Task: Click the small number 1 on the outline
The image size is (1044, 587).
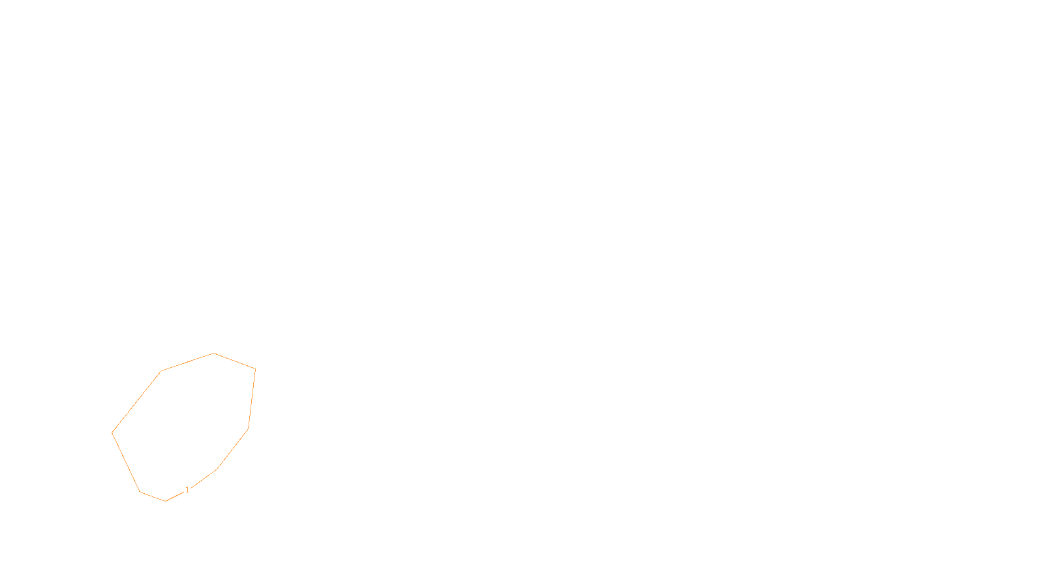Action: [187, 490]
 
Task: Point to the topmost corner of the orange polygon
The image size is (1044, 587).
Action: [214, 354]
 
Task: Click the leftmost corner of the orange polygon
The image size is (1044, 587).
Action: [112, 432]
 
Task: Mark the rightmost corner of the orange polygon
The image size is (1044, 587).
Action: [255, 369]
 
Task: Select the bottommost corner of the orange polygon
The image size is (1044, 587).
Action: [166, 501]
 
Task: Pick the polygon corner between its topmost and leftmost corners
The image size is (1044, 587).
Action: [162, 371]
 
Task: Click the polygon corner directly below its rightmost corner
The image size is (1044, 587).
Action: [248, 429]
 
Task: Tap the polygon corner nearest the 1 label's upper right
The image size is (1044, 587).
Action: [217, 469]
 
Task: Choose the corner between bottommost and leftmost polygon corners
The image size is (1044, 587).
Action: [140, 492]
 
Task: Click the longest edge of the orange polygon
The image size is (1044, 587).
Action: [137, 402]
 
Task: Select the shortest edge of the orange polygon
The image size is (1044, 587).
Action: [153, 496]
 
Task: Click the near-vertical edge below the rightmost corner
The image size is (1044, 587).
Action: [252, 399]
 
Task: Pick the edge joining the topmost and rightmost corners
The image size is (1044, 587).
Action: [235, 361]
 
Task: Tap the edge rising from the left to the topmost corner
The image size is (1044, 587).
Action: [188, 362]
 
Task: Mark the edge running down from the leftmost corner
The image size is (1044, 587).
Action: [126, 462]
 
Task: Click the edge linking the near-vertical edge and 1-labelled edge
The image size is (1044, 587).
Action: [232, 449]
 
